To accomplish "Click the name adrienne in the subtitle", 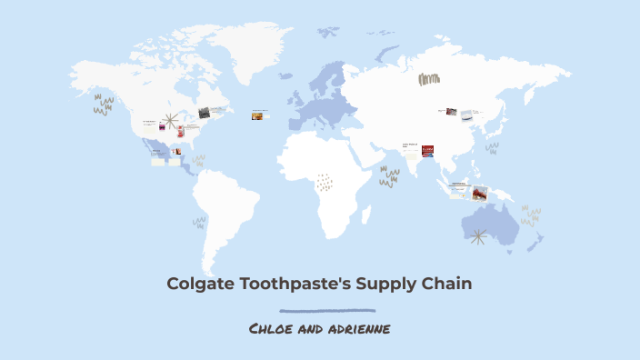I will [358, 327].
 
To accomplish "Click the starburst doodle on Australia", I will [478, 236].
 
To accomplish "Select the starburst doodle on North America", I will [169, 121].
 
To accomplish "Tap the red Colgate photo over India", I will [427, 151].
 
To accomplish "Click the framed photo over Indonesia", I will [479, 193].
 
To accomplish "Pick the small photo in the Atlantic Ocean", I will [260, 115].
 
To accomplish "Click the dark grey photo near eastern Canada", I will [205, 114].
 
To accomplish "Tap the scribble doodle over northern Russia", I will [429, 79].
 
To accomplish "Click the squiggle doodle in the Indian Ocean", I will [390, 176].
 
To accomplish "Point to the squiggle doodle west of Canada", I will [104, 105].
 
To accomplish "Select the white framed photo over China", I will [466, 115].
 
